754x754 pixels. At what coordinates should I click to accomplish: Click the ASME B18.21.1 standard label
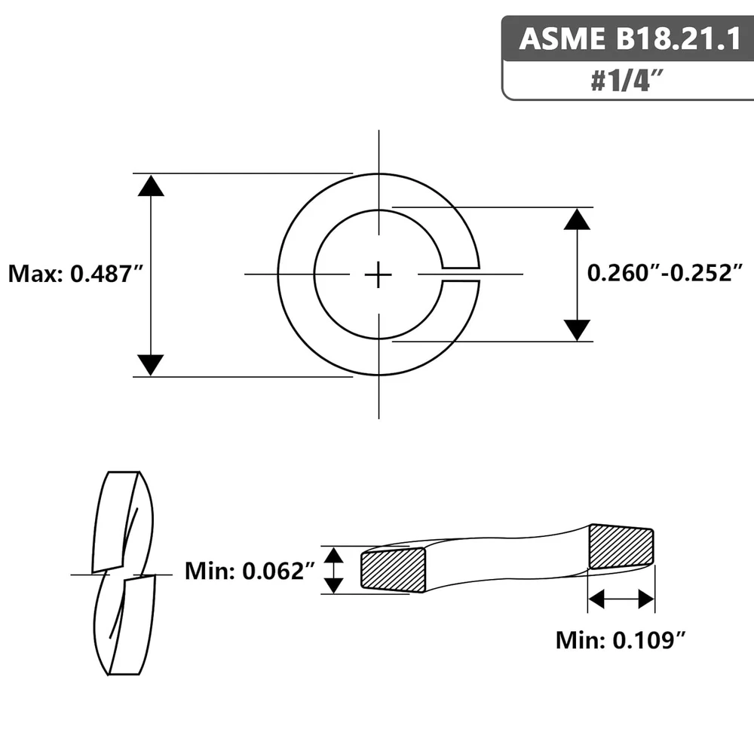[630, 38]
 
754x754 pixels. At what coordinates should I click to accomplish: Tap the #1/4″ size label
[627, 81]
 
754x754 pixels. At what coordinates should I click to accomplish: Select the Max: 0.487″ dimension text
[76, 274]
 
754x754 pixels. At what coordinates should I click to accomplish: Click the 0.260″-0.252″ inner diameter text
[665, 273]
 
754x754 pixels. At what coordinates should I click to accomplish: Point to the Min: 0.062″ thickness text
[250, 571]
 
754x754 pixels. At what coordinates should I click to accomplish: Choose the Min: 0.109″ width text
[621, 640]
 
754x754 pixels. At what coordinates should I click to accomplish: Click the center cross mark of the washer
[379, 275]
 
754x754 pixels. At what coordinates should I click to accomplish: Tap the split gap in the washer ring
[461, 274]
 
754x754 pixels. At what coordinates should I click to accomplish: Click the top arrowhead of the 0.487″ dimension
[151, 185]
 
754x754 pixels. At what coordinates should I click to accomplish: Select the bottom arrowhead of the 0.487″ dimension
[151, 365]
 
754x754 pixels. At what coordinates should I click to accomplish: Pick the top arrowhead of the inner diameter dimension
[577, 219]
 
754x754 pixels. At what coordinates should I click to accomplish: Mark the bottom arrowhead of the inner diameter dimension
[577, 330]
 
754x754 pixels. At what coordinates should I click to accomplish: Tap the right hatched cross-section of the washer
[621, 546]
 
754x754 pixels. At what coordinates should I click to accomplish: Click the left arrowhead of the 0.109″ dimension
[596, 599]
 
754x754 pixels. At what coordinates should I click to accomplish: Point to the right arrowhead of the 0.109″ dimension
[646, 599]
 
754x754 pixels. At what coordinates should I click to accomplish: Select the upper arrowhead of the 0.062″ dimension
[333, 555]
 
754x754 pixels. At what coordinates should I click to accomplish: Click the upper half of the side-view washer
[123, 522]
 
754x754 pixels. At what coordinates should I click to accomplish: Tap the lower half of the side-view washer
[125, 625]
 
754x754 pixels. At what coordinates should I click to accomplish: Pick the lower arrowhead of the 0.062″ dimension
[333, 586]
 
